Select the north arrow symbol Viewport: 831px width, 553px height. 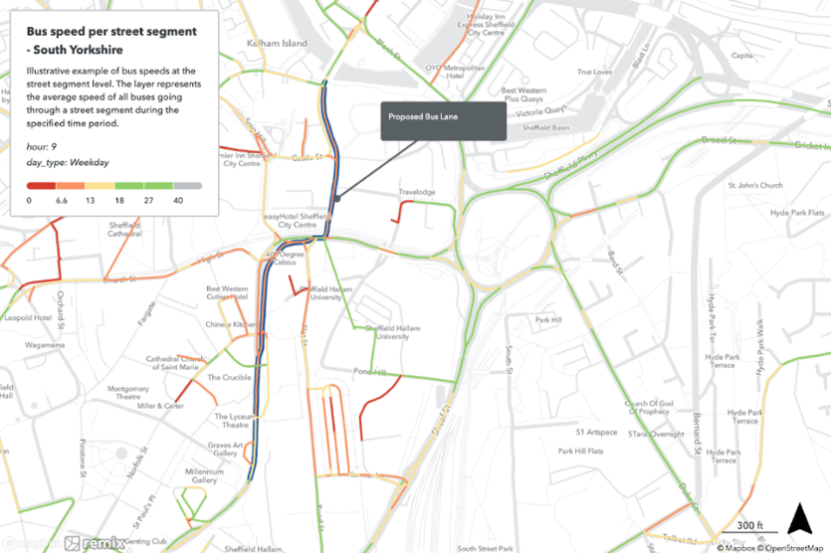[796, 519]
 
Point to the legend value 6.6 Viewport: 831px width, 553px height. [60, 201]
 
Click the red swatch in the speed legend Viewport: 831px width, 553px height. [41, 186]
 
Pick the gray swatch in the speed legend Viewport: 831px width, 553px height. [188, 186]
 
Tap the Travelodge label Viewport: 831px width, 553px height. [417, 192]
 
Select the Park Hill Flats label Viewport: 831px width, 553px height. [580, 451]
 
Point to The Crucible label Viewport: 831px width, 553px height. [229, 378]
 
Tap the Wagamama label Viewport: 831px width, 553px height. [45, 344]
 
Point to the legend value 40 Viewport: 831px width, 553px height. [177, 201]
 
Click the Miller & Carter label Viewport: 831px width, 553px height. [160, 406]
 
